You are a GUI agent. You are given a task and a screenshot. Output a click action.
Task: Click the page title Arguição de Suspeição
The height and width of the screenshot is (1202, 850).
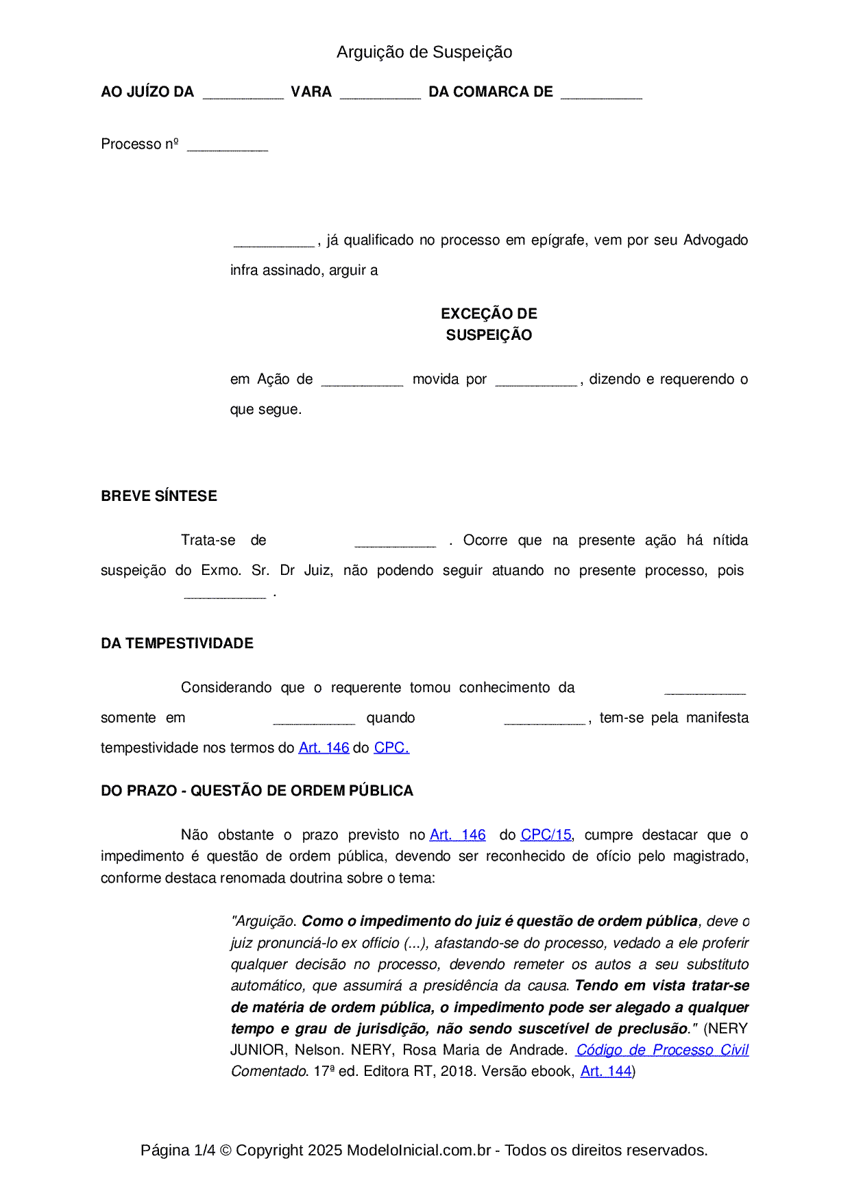coord(424,52)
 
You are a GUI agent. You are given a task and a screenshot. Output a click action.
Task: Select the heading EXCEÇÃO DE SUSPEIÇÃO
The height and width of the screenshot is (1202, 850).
coord(489,324)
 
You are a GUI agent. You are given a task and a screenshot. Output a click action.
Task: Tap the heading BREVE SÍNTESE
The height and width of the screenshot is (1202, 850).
coord(159,496)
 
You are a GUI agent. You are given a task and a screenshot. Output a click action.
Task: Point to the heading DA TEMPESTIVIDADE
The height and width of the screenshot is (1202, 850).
coord(177,643)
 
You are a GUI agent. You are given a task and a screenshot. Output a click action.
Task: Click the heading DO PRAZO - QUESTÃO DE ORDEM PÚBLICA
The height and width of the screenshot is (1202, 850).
coord(257,791)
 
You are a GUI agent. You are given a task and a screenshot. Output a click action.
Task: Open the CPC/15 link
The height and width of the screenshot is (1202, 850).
coord(546,835)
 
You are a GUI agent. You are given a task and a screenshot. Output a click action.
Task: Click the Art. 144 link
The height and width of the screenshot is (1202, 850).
coord(606,1071)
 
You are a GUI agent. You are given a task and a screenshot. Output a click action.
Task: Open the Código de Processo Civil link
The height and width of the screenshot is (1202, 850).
coord(662,1050)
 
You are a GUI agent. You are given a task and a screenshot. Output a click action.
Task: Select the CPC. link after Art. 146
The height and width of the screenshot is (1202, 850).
coord(391,748)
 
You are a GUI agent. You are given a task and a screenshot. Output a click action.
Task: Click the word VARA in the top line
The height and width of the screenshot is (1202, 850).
coord(311,92)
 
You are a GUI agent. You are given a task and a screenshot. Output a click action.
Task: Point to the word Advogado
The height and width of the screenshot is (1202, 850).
coord(716,240)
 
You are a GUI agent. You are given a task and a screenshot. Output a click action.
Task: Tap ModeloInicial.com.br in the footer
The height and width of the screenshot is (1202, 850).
coord(418,1150)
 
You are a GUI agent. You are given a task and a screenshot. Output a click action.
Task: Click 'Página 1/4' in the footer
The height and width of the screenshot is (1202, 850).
coord(178,1150)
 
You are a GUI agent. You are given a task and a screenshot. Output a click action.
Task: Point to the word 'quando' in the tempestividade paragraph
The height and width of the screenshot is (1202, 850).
coord(391,717)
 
